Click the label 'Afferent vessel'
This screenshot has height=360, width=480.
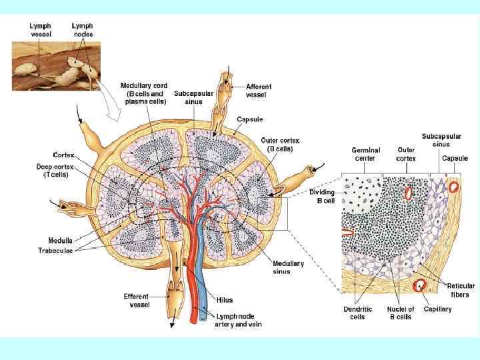(x=259, y=91)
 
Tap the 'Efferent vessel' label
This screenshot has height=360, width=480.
(x=136, y=300)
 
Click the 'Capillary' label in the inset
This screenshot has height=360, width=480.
(x=437, y=309)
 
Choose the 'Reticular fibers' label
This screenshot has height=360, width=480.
(x=461, y=290)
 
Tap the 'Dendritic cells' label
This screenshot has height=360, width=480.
(x=357, y=313)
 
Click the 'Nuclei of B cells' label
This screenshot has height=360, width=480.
(x=401, y=313)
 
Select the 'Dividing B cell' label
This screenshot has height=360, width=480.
(x=322, y=195)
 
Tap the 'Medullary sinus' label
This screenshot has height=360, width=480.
(x=288, y=267)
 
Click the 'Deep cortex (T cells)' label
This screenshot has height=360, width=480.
(x=52, y=170)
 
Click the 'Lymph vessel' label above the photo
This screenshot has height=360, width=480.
(x=40, y=30)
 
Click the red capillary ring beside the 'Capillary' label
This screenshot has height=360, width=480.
(x=419, y=285)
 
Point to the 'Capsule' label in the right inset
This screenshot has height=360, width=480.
(x=455, y=158)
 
